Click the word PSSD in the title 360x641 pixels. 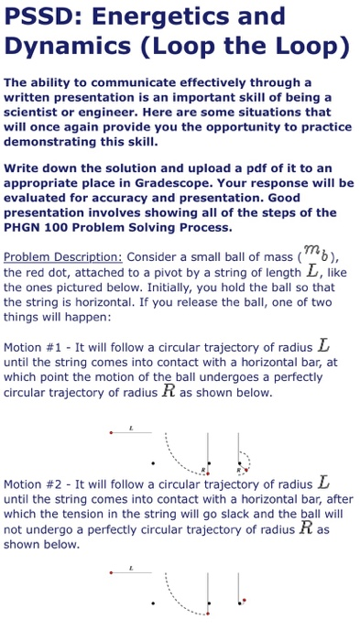[x=39, y=16]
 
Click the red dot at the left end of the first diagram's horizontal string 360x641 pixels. [x=111, y=431]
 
